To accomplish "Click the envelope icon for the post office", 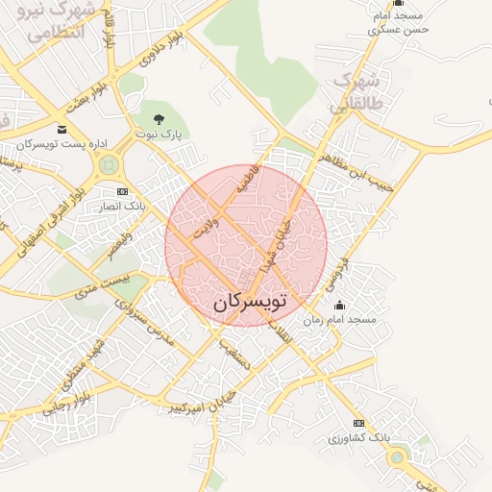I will (x=62, y=130).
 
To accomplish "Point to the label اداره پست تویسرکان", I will (x=59, y=144).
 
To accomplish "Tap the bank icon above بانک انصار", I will (x=121, y=191).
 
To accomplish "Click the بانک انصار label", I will (x=121, y=206).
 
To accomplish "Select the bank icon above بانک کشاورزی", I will (x=359, y=423).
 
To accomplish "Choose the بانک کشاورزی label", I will (x=359, y=437).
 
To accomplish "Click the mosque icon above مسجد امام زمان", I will (x=338, y=306).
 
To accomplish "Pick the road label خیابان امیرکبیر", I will (x=198, y=396).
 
